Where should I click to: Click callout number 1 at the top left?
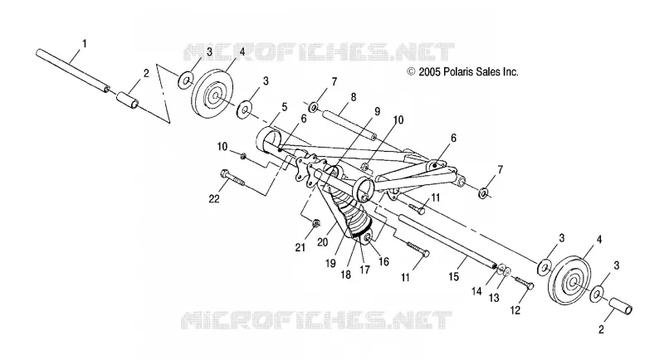(85, 44)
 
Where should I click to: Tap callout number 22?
(214, 198)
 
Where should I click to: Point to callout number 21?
(300, 247)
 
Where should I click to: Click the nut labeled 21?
(315, 222)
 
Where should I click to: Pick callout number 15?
(453, 277)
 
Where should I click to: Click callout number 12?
(515, 310)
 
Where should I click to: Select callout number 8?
(354, 97)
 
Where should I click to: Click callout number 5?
(285, 107)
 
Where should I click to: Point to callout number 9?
(377, 112)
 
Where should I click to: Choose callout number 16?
(383, 262)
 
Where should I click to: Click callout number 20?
(323, 242)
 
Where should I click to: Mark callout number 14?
(476, 291)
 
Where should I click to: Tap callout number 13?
(494, 298)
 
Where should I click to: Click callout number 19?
(330, 263)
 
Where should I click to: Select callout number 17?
(364, 270)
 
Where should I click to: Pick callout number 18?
(345, 275)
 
